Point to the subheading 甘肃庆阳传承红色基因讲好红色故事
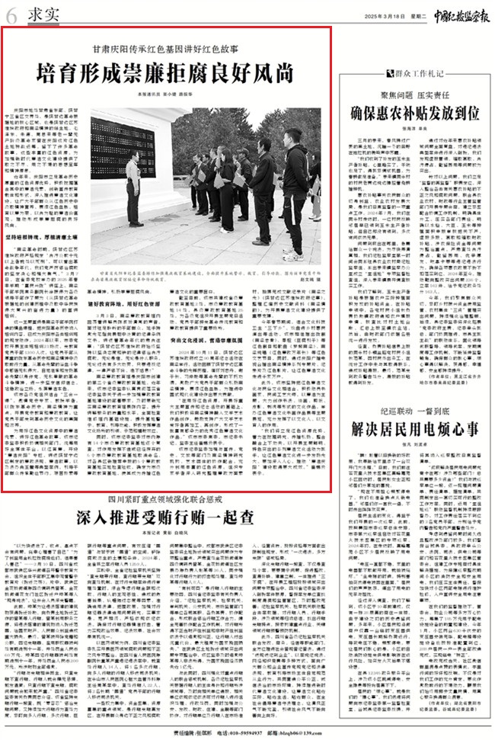[167, 47]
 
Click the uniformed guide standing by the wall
[135, 187]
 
